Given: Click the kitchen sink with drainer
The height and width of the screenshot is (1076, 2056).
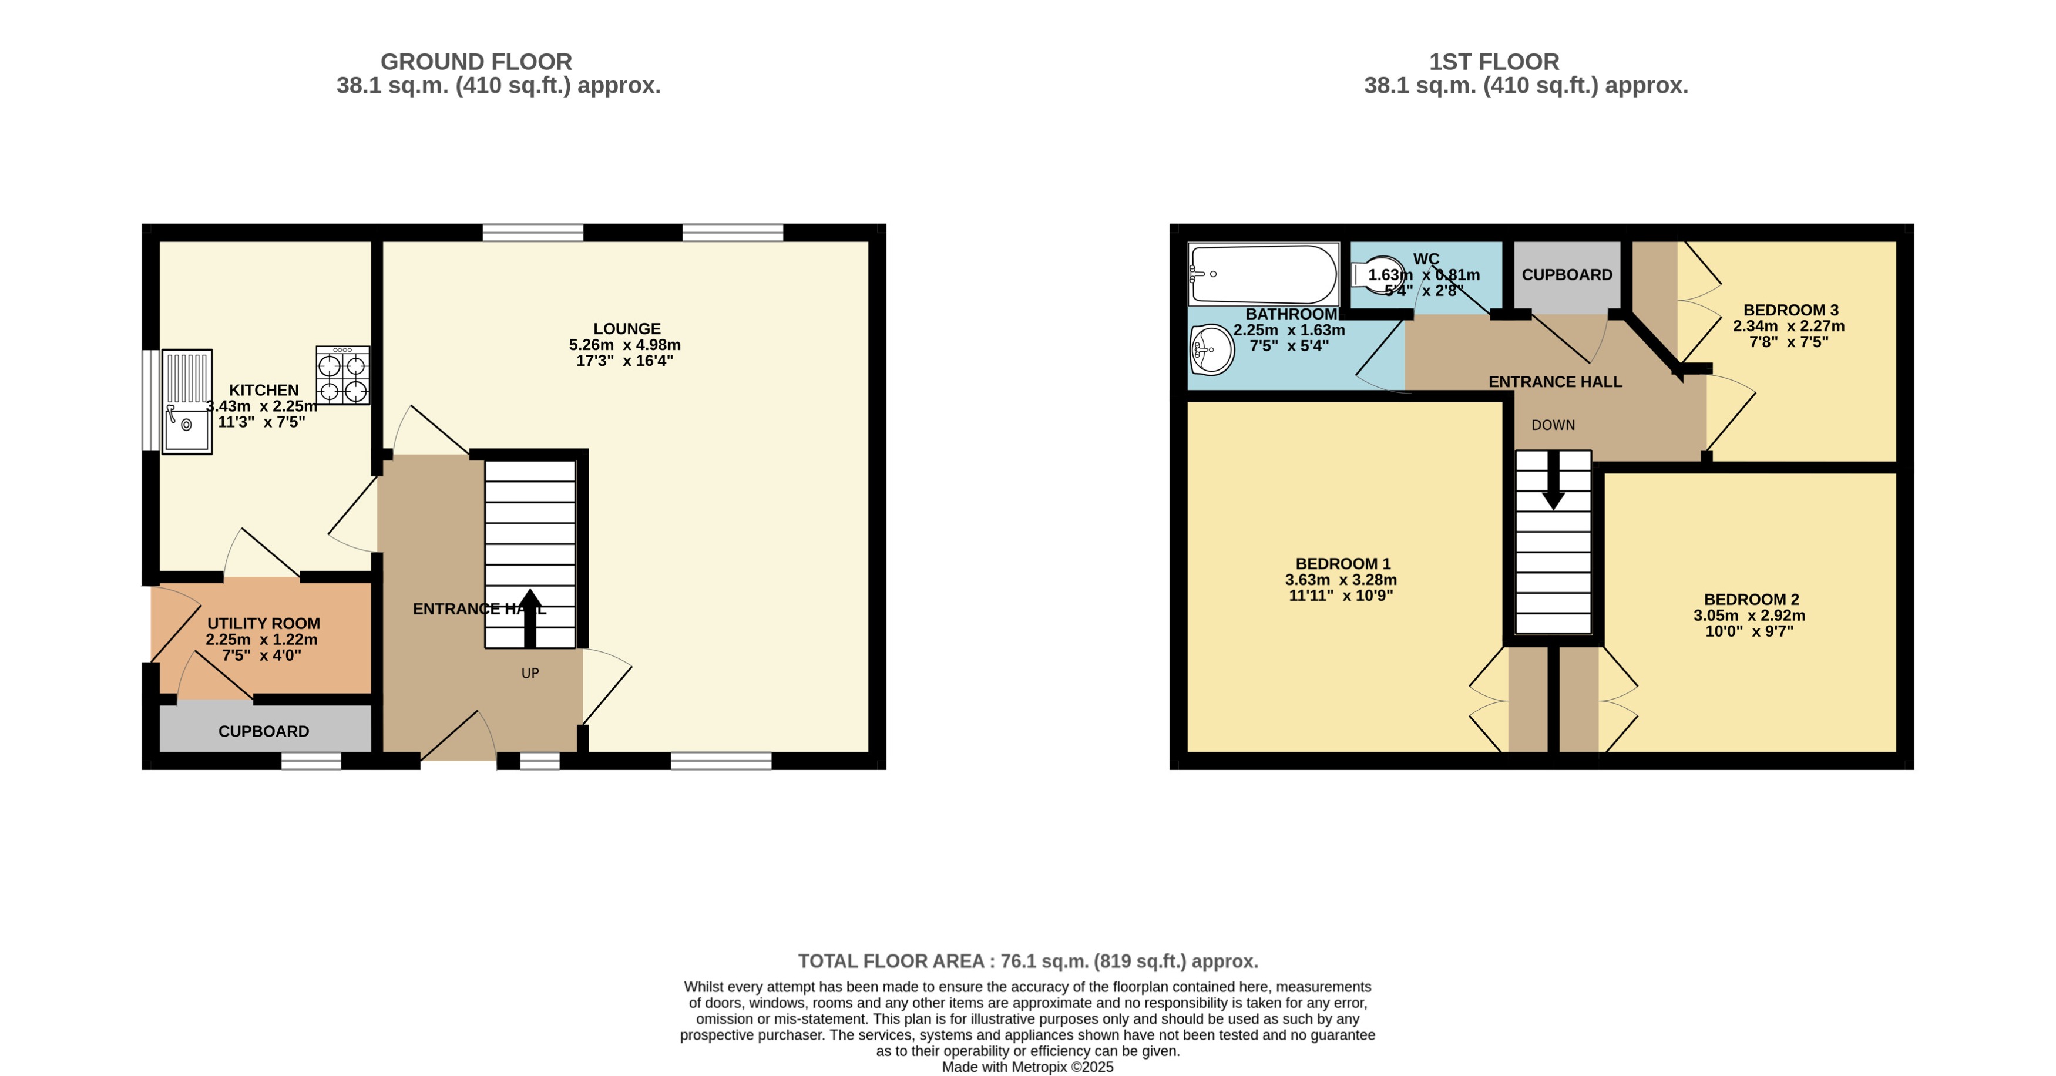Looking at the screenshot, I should pyautogui.click(x=187, y=402).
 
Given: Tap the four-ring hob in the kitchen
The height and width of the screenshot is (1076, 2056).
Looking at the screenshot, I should pyautogui.click(x=342, y=375).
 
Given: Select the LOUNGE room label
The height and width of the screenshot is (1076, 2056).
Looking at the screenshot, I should pyautogui.click(x=627, y=329).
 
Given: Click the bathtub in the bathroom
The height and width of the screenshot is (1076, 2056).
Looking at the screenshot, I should pyautogui.click(x=1262, y=274).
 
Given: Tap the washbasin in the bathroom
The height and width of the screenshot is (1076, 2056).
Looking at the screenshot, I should pyautogui.click(x=1211, y=349).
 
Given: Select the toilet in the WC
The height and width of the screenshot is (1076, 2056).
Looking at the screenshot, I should pyautogui.click(x=1379, y=275).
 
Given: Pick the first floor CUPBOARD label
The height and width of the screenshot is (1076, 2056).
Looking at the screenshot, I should pyautogui.click(x=1567, y=275).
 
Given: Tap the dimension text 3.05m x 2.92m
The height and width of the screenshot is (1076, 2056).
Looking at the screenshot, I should pyautogui.click(x=1749, y=616).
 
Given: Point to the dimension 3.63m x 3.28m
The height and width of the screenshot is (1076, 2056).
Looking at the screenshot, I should pyautogui.click(x=1341, y=580).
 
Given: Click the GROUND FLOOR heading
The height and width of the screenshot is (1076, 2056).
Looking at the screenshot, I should pyautogui.click(x=476, y=62).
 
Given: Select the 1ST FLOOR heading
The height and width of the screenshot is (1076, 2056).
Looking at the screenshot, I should pyautogui.click(x=1493, y=62).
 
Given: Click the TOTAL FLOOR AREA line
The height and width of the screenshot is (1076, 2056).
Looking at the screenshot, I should pyautogui.click(x=1027, y=961).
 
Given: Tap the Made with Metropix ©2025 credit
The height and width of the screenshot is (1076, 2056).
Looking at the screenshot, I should pyautogui.click(x=1027, y=1067).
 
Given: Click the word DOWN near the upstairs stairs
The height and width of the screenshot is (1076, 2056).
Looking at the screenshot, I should pyautogui.click(x=1553, y=425).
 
